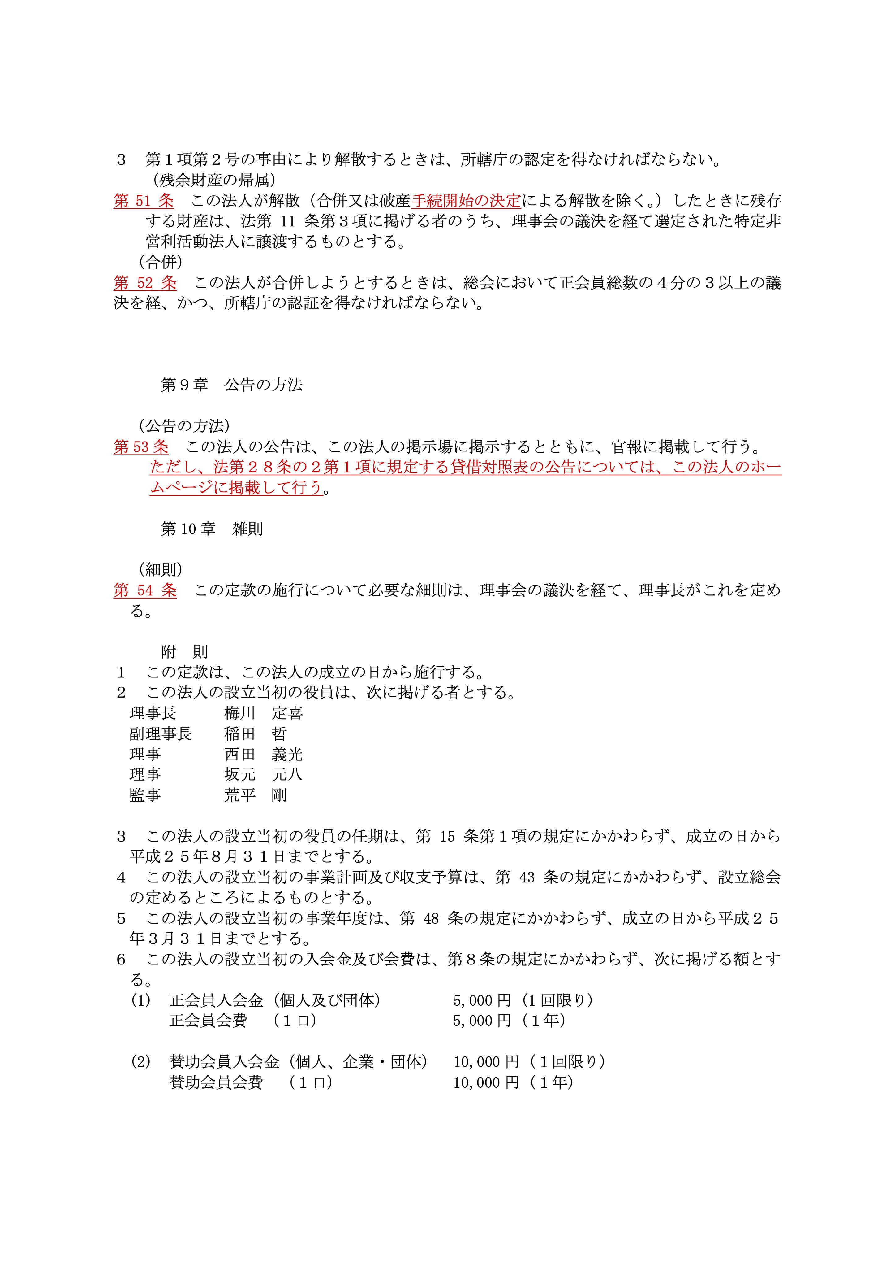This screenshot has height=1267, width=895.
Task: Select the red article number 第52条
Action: pyautogui.click(x=145, y=283)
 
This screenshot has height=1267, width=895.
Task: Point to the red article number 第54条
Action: pyautogui.click(x=145, y=590)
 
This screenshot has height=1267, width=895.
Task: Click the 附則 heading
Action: pyautogui.click(x=184, y=652)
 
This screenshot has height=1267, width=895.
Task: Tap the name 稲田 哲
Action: pyautogui.click(x=255, y=734)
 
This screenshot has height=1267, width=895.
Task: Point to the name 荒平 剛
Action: pyautogui.click(x=255, y=795)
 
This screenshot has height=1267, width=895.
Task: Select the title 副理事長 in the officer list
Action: pyautogui.click(x=161, y=734)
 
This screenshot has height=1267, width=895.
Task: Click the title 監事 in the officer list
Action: pyautogui.click(x=145, y=795)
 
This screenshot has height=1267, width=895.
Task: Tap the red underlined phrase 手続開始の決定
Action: pyautogui.click(x=466, y=201)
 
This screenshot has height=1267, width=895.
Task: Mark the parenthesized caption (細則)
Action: pyautogui.click(x=161, y=569)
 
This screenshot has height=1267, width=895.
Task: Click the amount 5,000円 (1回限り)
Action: pyautogui.click(x=523, y=1000)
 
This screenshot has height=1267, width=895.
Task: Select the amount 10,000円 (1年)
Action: pyautogui.click(x=513, y=1083)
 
